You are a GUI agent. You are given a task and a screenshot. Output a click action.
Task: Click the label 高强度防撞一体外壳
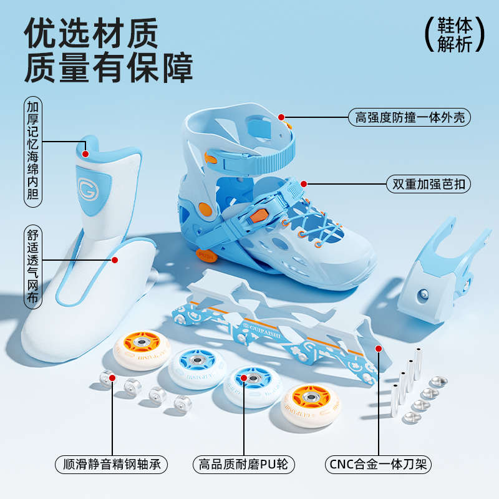pyautogui.click(x=409, y=117)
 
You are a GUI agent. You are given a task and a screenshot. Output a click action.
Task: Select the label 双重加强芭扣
pyautogui.click(x=428, y=185)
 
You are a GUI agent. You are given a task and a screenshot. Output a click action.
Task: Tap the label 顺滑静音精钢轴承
pyautogui.click(x=112, y=464)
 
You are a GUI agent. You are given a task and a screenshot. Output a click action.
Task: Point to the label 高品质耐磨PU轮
pyautogui.click(x=243, y=464)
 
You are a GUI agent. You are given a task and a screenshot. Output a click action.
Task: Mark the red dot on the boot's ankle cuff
pyautogui.click(x=281, y=117)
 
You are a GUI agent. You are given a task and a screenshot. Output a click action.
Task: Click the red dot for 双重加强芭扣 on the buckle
pyautogui.click(x=304, y=184)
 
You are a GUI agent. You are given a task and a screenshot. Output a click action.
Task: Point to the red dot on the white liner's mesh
pyautogui.click(x=115, y=259)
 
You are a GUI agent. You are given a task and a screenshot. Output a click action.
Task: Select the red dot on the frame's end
pyautogui.click(x=377, y=349)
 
